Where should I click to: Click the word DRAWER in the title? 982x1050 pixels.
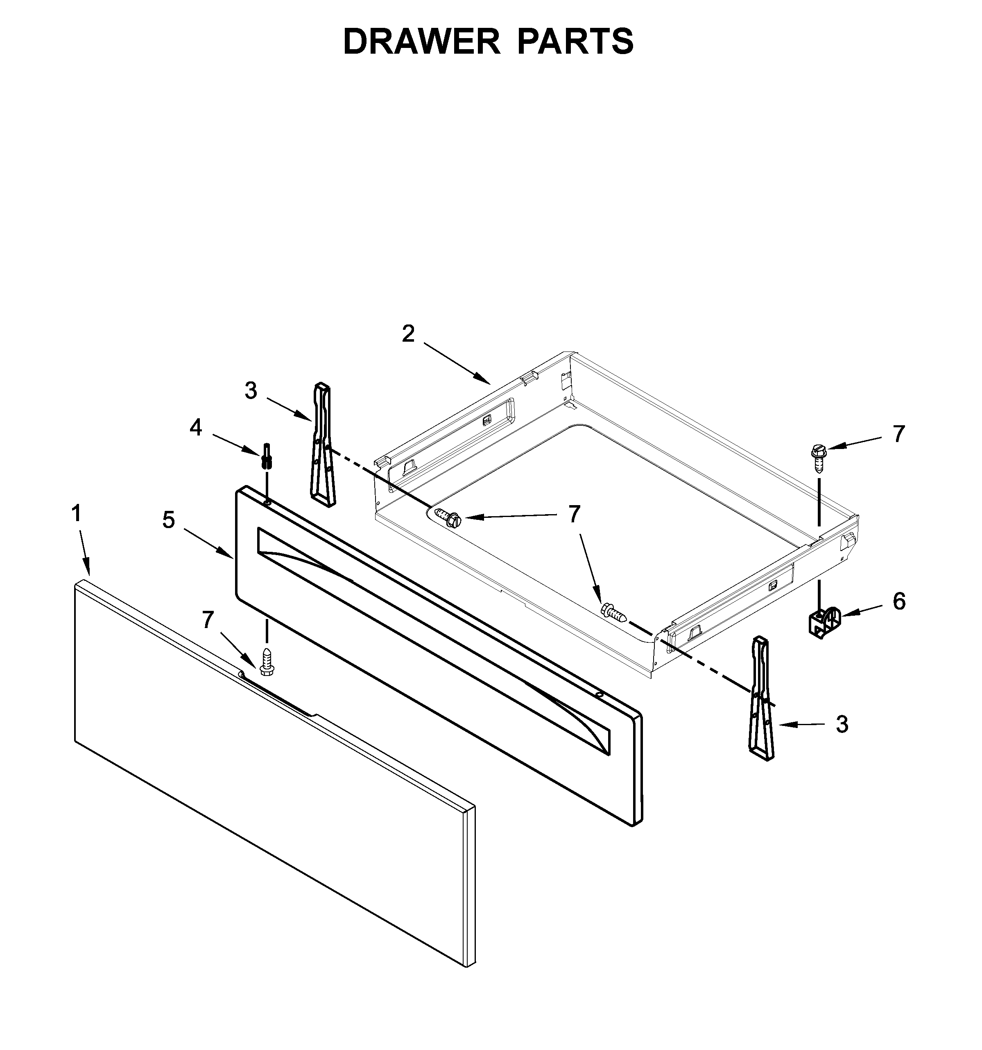pyautogui.click(x=421, y=42)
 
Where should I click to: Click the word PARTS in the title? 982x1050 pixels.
pyautogui.click(x=575, y=42)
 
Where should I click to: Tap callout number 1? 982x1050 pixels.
pyautogui.click(x=77, y=513)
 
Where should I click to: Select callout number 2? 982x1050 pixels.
pyautogui.click(x=408, y=334)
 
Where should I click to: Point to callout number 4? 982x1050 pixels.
pyautogui.click(x=196, y=428)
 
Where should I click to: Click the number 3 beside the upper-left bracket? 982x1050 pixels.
pyautogui.click(x=251, y=391)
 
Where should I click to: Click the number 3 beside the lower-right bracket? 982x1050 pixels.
pyautogui.click(x=842, y=725)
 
